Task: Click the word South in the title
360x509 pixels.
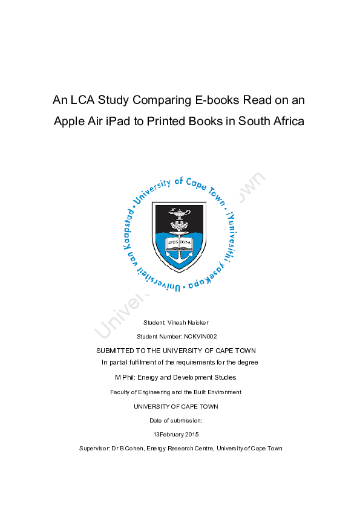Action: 255,121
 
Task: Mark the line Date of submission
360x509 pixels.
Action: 175,420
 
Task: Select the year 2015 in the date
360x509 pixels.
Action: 192,434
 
